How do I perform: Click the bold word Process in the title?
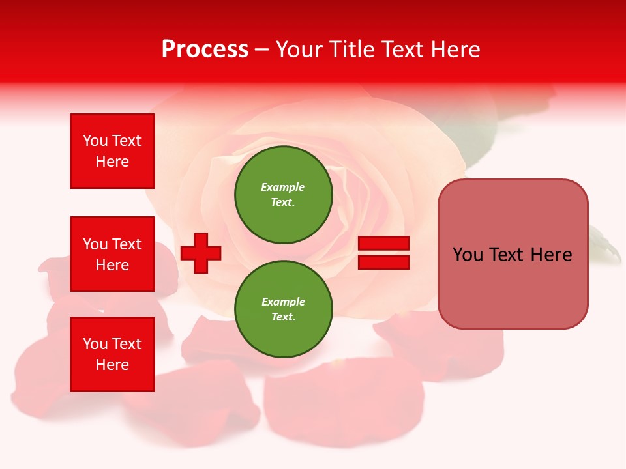pos(205,50)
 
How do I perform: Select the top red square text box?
pos(112,151)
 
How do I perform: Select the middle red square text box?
pos(112,254)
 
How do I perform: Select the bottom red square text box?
pos(112,354)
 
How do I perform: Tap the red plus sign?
pos(201,252)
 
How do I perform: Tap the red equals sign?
pos(383,253)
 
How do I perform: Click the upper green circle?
pos(284,195)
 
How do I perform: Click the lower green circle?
pos(284,309)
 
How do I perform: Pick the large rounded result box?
pos(513,254)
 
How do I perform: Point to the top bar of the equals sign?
pos(383,244)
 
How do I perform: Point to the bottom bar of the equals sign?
pos(383,262)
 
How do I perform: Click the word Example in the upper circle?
pos(283,187)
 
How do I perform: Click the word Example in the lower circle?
pos(283,302)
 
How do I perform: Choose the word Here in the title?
pos(457,50)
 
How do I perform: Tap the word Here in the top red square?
pos(112,162)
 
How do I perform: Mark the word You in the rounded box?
pos(468,255)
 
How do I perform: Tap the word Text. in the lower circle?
pos(283,317)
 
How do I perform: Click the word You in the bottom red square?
pos(95,344)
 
